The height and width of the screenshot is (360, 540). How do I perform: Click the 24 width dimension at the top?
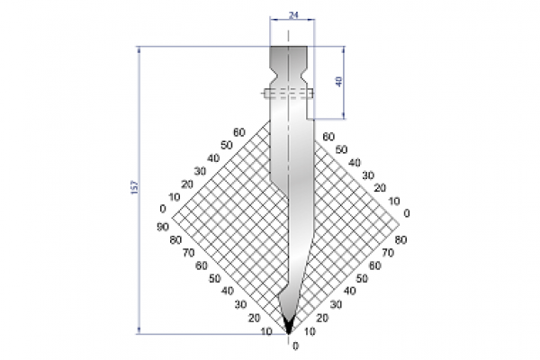click(x=290, y=15)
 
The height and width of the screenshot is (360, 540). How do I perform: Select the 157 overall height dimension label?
click(x=134, y=186)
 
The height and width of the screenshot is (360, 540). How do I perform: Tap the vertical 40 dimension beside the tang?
click(x=338, y=81)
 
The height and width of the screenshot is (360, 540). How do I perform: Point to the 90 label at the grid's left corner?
click(x=163, y=226)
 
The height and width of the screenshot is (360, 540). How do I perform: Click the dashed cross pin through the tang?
click(x=288, y=92)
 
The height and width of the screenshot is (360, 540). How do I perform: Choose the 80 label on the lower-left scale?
click(x=175, y=239)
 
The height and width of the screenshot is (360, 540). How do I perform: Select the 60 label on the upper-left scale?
click(x=238, y=133)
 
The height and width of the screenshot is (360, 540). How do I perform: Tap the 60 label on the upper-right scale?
click(x=328, y=135)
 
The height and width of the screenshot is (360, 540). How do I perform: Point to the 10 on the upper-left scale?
click(x=175, y=197)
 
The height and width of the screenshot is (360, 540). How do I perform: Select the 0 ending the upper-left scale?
click(x=163, y=210)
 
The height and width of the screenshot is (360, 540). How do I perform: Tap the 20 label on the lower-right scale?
click(x=322, y=318)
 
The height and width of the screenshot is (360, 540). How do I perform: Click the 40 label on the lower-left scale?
click(x=226, y=291)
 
